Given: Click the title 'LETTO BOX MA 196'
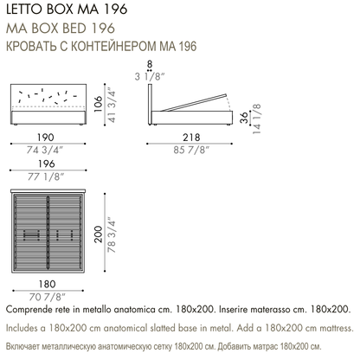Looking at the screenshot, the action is point(67,10).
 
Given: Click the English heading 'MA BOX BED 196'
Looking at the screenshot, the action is point(61,29).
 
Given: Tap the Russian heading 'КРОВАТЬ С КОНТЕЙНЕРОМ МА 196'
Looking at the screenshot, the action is point(101,46).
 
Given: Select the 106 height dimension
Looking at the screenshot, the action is point(99,104).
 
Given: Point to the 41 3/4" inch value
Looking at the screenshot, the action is point(112,105).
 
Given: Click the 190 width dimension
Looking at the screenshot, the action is point(46,138).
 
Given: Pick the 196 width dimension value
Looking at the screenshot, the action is point(47,164).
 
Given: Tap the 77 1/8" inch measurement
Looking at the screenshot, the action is point(46,177).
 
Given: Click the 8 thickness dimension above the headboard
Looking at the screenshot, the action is point(150,64).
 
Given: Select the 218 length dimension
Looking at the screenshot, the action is point(191,138).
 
